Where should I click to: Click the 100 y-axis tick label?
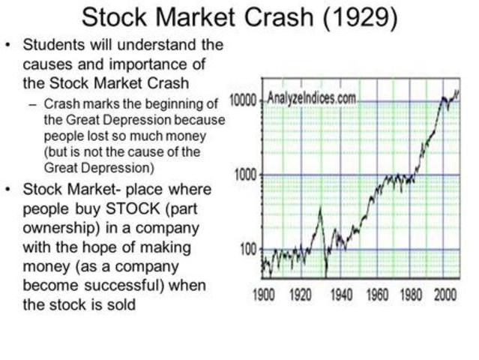point(248,249)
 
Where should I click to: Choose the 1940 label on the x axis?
point(342,294)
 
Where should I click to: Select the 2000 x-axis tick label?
point(445,294)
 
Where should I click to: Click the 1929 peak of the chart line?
point(320,210)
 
